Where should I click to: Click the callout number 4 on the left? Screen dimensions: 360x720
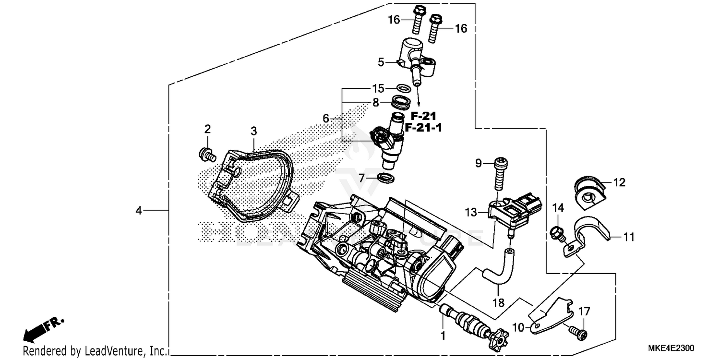coord(138,210)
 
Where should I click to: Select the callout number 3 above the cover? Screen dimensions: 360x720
coord(253,131)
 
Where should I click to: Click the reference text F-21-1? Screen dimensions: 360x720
coord(424,128)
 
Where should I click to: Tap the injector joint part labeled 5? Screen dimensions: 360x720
coord(416,60)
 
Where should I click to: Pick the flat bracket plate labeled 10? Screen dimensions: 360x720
coord(550,315)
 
